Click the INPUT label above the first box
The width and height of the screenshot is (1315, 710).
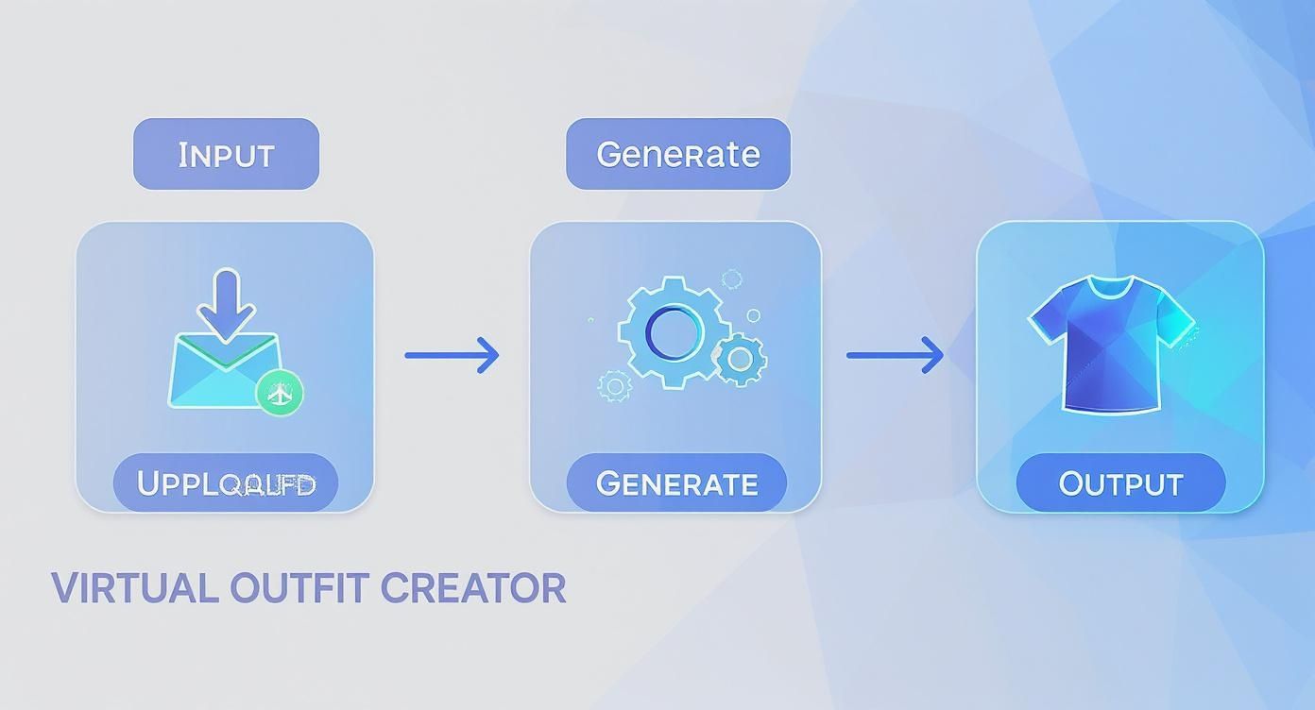(226, 154)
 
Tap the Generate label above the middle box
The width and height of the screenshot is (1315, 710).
(677, 154)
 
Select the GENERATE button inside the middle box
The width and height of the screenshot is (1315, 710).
(676, 483)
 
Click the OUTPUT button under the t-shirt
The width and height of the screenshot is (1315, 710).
(1120, 483)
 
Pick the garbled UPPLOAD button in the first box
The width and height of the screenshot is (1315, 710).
(225, 483)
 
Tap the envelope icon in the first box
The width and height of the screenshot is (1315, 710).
(222, 373)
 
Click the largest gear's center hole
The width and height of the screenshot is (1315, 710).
(673, 331)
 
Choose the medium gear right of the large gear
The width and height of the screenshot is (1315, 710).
(740, 359)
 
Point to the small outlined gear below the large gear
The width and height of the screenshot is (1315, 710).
(615, 385)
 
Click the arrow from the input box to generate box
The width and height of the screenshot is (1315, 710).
(452, 355)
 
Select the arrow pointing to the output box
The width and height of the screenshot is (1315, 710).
(894, 355)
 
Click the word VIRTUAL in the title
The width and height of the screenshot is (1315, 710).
(135, 588)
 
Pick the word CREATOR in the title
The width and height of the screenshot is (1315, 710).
(473, 588)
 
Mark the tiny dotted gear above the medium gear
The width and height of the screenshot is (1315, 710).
(731, 279)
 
